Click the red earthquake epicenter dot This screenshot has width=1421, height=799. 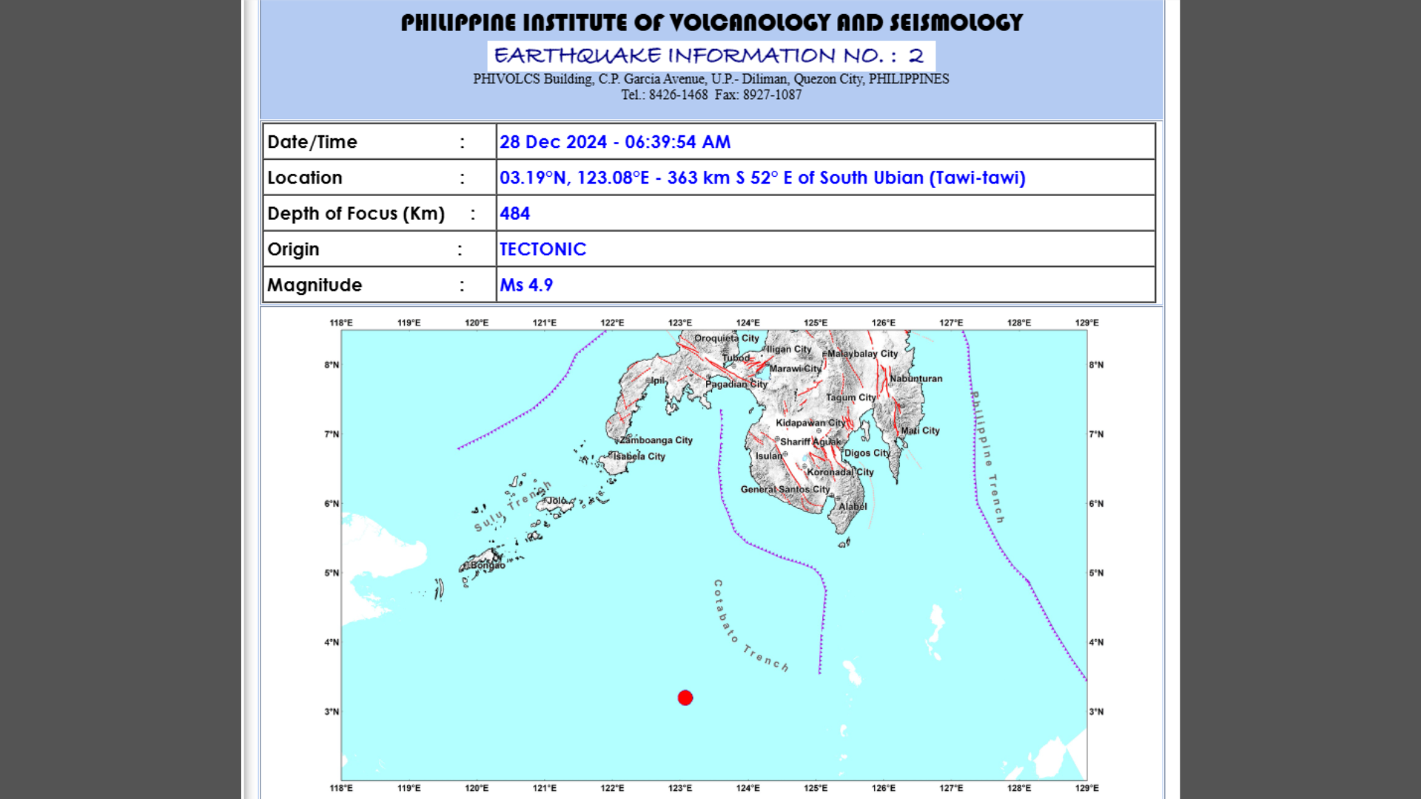pos(685,698)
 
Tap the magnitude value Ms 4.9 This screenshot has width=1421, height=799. pos(526,285)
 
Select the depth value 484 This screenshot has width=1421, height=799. pos(514,214)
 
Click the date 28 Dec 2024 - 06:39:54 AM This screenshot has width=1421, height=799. pos(614,142)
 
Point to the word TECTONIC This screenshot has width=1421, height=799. pos(542,249)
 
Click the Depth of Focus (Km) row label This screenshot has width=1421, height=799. pos(356,214)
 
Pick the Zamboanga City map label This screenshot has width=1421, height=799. pos(656,440)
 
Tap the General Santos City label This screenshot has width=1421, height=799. pos(785,489)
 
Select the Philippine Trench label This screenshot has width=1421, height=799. pos(987,457)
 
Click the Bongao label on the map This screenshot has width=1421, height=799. pos(488,565)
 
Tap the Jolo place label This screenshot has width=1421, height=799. pos(556,501)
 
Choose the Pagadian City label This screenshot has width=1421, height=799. pos(736,384)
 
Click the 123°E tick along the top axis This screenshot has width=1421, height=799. pos(680,323)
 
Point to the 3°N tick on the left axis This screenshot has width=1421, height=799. pos(332,712)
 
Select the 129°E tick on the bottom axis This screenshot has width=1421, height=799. pos(1086,788)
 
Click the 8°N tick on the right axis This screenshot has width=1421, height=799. pos(1096,365)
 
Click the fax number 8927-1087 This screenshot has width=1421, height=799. pos(772,95)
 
